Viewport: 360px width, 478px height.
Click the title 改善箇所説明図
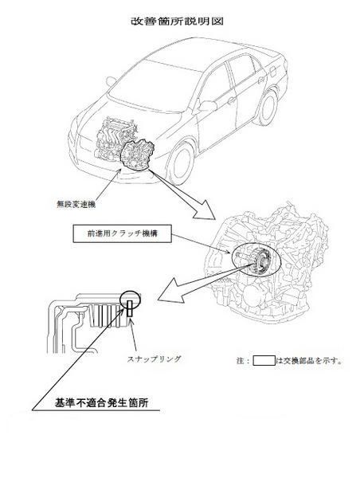pos(177,22)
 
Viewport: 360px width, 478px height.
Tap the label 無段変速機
pos(76,204)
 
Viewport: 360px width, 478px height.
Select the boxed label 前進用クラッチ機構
pos(122,233)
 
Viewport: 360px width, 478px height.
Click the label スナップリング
pos(154,359)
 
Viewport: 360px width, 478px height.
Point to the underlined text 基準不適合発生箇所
pos(101,402)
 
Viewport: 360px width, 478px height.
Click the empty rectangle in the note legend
pos(264,360)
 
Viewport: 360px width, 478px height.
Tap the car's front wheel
pos(182,163)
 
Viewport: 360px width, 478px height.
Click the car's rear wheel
pos(267,107)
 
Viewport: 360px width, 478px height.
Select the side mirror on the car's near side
pos(207,106)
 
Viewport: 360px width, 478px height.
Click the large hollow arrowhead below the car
pos(204,210)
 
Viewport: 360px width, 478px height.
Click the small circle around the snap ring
pos(130,300)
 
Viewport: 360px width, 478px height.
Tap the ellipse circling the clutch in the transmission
pos(256,259)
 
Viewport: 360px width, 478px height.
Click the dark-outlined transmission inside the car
pos(137,155)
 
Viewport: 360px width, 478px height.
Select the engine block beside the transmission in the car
pos(115,139)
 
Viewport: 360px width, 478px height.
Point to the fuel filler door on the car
pos(273,72)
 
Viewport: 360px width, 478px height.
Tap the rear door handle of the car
pos(261,80)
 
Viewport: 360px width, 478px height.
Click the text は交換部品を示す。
pos(309,361)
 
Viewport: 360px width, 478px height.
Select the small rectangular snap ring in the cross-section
pos(130,308)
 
